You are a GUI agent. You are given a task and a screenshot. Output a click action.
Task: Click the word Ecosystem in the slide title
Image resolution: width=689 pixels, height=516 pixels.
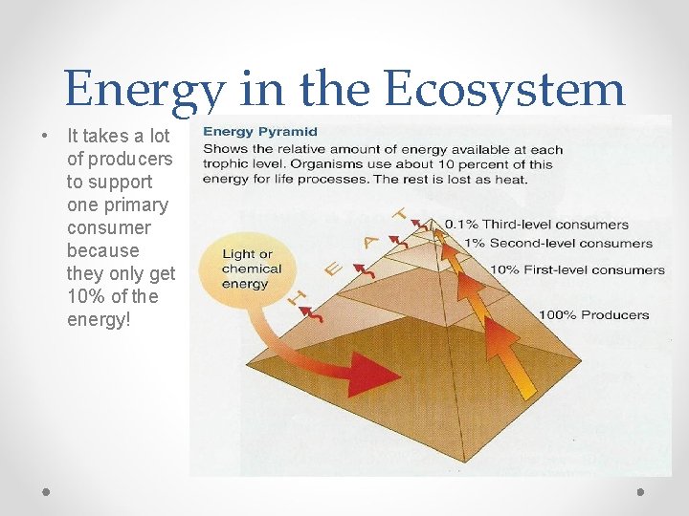pos(504,90)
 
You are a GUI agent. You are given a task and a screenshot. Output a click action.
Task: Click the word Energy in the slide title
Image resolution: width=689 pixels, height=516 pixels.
pos(144,92)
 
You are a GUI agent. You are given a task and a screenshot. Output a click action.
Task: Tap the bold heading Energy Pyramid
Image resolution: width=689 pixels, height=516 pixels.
pos(260,132)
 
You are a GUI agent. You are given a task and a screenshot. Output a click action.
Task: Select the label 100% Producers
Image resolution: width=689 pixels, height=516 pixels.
pos(593,314)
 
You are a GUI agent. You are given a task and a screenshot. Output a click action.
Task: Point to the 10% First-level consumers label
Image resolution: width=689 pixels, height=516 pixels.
pos(577,269)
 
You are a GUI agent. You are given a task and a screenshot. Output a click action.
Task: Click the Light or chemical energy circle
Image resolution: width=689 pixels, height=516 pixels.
pos(247,269)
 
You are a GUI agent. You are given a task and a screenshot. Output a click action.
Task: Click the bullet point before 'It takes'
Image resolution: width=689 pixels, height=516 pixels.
pos(46,136)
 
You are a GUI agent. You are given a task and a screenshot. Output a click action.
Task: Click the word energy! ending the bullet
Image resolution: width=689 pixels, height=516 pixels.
pos(100,319)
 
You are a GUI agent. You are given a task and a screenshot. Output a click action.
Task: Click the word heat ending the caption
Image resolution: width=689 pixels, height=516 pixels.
pos(510,180)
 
